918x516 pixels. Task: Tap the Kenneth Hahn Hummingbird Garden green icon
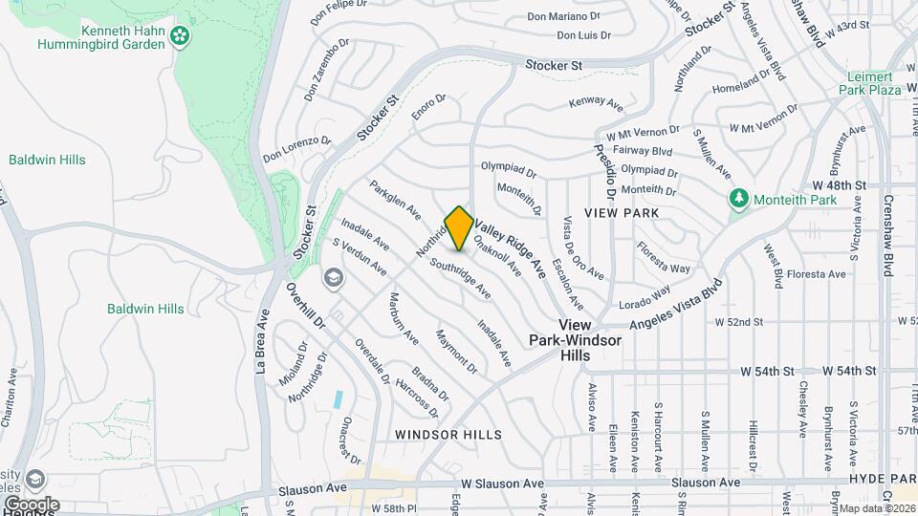[x=180, y=37]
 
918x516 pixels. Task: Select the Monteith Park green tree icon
[x=738, y=199]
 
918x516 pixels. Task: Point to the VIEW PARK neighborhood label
[x=623, y=213]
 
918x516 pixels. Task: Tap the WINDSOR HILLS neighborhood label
[x=448, y=435]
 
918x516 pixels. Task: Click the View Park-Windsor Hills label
[x=576, y=340]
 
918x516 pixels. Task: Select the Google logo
[x=31, y=504]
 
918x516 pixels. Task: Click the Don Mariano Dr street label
[x=563, y=16]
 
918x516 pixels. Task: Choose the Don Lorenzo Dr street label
[x=296, y=146]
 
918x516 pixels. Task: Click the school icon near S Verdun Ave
[x=333, y=278]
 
